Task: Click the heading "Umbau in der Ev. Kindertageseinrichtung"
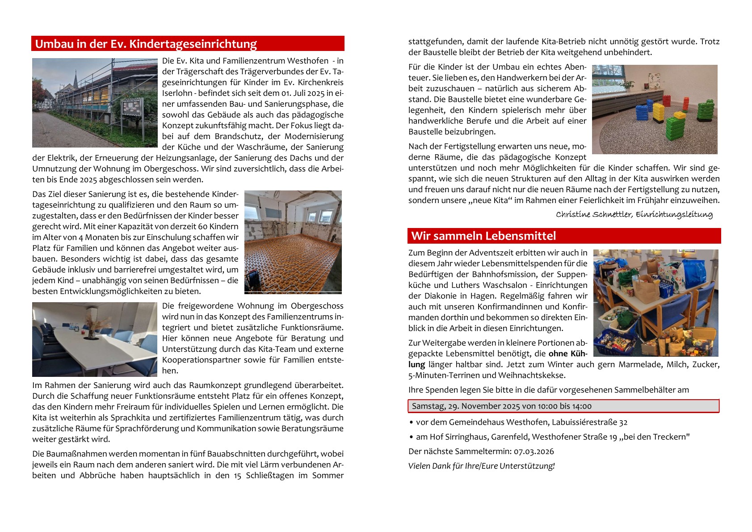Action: [x=146, y=44]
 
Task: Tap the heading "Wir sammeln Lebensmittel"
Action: [x=483, y=236]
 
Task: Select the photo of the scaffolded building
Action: [x=95, y=102]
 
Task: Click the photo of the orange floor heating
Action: [x=293, y=242]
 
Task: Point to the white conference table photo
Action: [x=95, y=339]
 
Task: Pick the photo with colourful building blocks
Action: [x=655, y=110]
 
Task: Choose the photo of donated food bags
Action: [x=655, y=303]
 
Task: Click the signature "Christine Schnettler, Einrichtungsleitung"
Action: [x=634, y=215]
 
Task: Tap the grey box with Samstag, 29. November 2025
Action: [x=563, y=406]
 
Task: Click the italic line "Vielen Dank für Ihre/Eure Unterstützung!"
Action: [x=481, y=466]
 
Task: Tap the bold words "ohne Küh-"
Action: [x=567, y=354]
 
